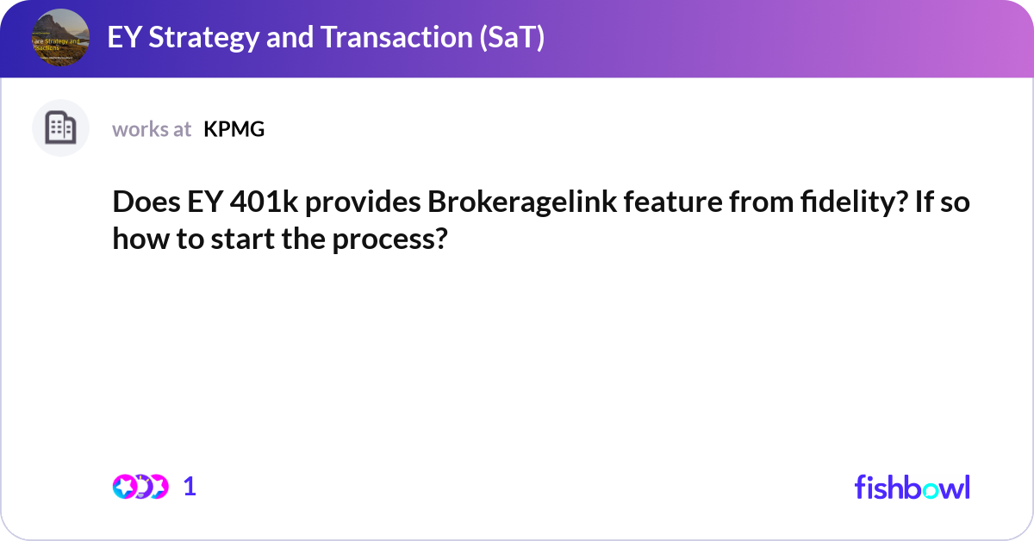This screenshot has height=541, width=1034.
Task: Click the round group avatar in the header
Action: pyautogui.click(x=59, y=38)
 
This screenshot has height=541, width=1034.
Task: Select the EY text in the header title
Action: pyautogui.click(x=121, y=38)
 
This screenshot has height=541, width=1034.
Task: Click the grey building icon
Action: pyautogui.click(x=60, y=128)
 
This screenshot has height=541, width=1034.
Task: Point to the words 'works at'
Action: pyautogui.click(x=152, y=129)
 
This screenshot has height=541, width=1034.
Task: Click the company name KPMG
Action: pyautogui.click(x=234, y=129)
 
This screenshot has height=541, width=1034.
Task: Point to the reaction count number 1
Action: pyautogui.click(x=190, y=487)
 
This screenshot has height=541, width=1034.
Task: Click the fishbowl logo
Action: pyautogui.click(x=912, y=487)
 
